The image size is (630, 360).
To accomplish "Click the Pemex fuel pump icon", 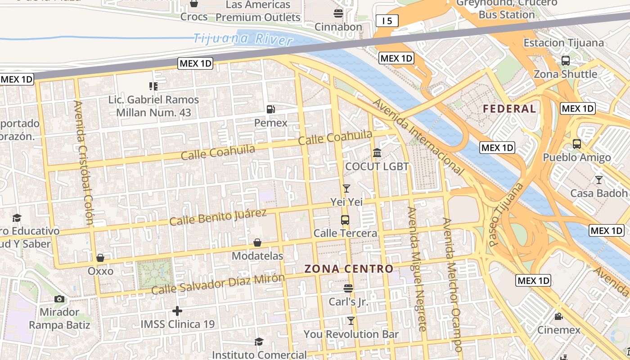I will [270, 109].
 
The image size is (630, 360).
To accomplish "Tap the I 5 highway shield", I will [387, 20].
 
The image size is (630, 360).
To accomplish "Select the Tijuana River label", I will [243, 38].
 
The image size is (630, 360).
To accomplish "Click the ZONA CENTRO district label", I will [349, 269].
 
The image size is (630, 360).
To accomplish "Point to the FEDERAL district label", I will [509, 108].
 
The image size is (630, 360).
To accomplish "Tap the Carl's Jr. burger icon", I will [348, 288].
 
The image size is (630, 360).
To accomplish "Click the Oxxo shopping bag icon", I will [100, 258].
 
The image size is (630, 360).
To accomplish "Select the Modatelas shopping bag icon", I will [257, 243].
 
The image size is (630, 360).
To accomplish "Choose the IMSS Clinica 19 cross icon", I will [177, 311].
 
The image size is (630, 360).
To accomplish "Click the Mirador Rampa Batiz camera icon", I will [59, 299].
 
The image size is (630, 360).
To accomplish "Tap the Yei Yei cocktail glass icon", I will [346, 189].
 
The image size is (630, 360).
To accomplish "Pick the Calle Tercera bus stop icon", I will [345, 220].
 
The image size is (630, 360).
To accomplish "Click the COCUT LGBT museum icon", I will [377, 153].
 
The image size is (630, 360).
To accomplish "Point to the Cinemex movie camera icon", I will [558, 316].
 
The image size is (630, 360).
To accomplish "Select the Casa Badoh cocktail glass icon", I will [598, 180].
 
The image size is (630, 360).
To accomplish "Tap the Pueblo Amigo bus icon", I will [576, 144].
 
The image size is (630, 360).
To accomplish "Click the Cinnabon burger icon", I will [338, 13].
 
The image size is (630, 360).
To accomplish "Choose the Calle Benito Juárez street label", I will [218, 217].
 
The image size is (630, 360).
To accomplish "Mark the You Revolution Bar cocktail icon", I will [351, 321].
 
